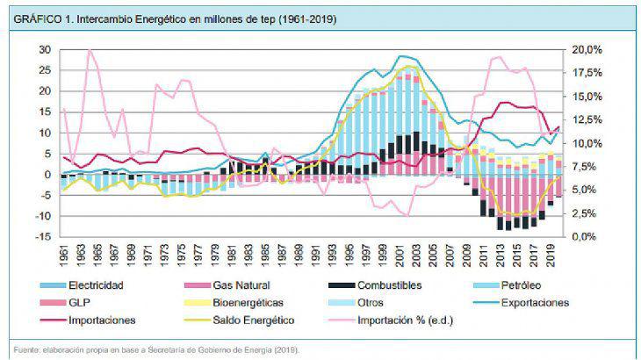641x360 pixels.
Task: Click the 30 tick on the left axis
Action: tap(45, 49)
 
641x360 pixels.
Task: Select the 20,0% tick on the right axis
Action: tap(587, 49)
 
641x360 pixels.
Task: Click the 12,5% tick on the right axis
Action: tap(587, 119)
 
